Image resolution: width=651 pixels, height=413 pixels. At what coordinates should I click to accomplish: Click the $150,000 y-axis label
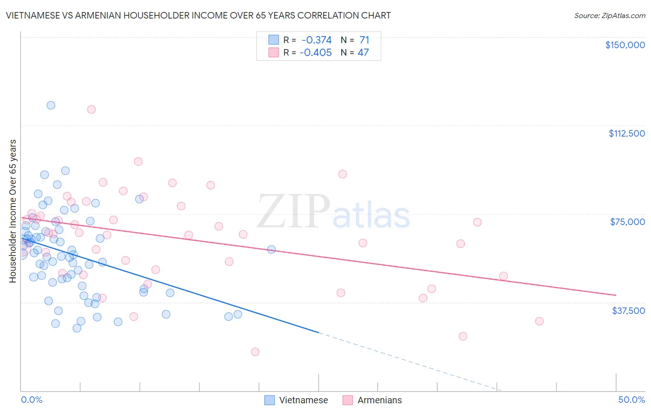pyautogui.click(x=625, y=45)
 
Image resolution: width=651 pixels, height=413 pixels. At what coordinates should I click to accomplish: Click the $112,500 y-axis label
pyautogui.click(x=626, y=133)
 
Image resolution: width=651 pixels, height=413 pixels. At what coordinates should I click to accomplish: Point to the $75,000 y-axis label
pyautogui.click(x=627, y=222)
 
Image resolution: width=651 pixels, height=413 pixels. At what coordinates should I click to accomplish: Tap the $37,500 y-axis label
pyautogui.click(x=628, y=311)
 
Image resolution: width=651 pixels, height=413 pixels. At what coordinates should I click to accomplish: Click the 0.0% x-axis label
pyautogui.click(x=31, y=400)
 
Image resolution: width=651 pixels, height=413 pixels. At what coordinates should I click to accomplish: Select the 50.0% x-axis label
pyautogui.click(x=632, y=400)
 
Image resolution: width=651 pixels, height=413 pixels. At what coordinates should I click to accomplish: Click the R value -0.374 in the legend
pyautogui.click(x=316, y=40)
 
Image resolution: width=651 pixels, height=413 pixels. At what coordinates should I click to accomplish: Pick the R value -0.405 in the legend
pyautogui.click(x=315, y=53)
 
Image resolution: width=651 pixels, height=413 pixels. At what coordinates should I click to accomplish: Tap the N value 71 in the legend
pyautogui.click(x=364, y=40)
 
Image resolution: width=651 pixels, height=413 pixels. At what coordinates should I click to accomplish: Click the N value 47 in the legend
pyautogui.click(x=363, y=53)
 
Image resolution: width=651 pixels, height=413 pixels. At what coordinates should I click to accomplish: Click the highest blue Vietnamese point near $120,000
pyautogui.click(x=51, y=105)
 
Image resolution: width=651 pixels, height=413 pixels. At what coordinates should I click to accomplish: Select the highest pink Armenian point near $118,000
pyautogui.click(x=91, y=109)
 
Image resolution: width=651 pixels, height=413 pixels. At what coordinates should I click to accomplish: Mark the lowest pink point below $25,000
pyautogui.click(x=255, y=352)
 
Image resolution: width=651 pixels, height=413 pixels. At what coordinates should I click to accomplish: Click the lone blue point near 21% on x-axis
pyautogui.click(x=271, y=249)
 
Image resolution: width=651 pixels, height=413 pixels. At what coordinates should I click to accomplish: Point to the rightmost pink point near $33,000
pyautogui.click(x=539, y=321)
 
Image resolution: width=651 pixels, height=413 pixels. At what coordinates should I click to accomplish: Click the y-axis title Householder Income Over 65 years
pyautogui.click(x=13, y=211)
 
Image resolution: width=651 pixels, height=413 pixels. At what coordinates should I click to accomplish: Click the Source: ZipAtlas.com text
pyautogui.click(x=609, y=15)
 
